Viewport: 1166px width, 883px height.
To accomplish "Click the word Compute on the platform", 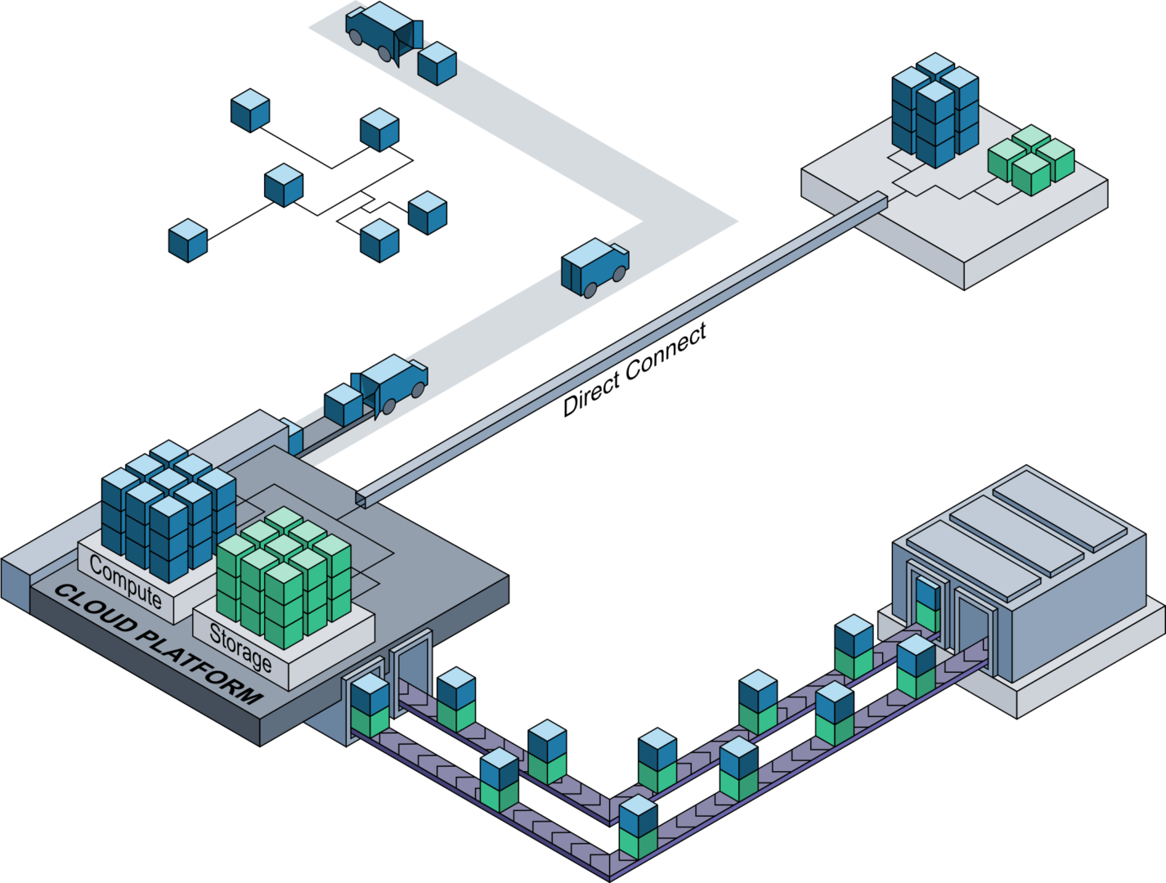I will pyautogui.click(x=125, y=581).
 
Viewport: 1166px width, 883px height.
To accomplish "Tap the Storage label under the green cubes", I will pyautogui.click(x=240, y=646).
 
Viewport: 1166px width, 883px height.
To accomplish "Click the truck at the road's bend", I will pyautogui.click(x=594, y=266).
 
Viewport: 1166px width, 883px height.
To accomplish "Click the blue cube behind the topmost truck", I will pyautogui.click(x=437, y=64).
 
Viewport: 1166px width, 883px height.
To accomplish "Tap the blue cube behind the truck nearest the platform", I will pyautogui.click(x=343, y=405).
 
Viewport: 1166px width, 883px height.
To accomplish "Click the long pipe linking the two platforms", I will pyautogui.click(x=621, y=347).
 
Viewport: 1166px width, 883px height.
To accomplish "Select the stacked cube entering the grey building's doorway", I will pyautogui.click(x=926, y=603).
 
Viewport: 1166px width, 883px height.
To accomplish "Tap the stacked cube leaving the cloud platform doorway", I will pyautogui.click(x=370, y=706).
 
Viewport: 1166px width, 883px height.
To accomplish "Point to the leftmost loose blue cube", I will pyautogui.click(x=188, y=240).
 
